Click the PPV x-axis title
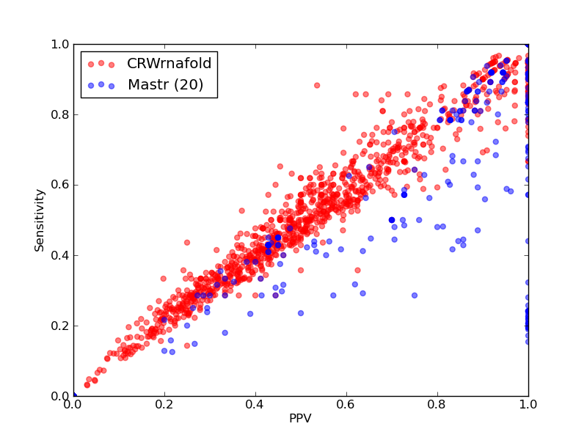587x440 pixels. (300, 418)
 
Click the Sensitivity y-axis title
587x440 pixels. (40, 221)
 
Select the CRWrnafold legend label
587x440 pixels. (169, 63)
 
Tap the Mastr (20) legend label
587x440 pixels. (166, 84)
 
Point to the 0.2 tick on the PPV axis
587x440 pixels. (164, 405)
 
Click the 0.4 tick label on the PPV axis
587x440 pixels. (255, 405)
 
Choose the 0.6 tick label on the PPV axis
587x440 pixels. (346, 405)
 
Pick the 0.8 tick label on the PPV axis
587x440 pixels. (437, 405)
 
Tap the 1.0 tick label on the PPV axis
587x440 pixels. (528, 405)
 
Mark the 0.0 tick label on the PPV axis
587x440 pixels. (73, 405)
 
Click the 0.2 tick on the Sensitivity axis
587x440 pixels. (60, 326)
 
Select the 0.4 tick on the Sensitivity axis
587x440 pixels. (60, 255)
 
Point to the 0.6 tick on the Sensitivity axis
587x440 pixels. (60, 185)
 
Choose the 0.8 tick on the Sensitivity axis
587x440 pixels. (60, 114)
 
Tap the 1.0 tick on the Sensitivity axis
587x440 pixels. (60, 44)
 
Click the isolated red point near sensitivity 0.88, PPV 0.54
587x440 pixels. (317, 85)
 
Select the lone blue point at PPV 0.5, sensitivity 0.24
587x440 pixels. (301, 313)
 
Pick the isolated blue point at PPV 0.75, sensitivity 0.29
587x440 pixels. (415, 296)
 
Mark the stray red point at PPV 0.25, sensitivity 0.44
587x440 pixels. (187, 243)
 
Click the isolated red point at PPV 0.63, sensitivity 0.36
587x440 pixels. (357, 270)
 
